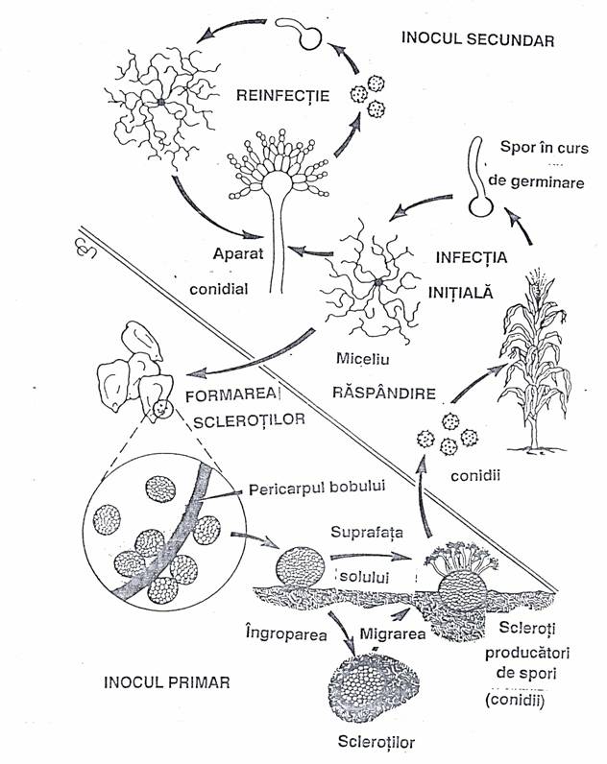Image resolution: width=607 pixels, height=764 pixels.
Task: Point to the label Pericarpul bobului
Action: click(x=316, y=487)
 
